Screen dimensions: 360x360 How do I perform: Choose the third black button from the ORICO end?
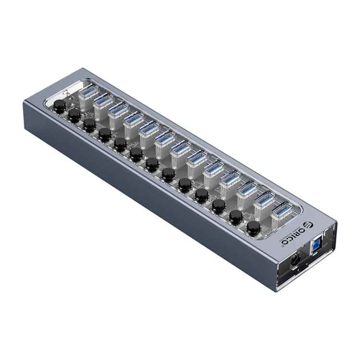[218, 205]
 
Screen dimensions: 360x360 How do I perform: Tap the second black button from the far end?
[74, 114]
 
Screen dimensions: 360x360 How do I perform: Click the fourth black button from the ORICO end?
[202, 194]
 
